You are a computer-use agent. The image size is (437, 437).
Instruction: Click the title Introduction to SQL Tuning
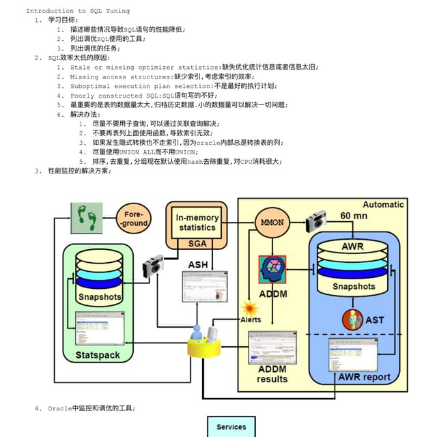[x=78, y=11]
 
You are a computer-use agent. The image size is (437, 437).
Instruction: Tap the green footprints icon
[x=87, y=218]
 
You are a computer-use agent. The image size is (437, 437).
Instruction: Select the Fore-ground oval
[x=134, y=219]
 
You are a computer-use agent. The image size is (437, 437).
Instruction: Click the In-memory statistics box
[x=197, y=222]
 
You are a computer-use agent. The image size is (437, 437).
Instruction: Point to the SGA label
[x=197, y=243]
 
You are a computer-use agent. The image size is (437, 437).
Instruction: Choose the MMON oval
[x=272, y=223]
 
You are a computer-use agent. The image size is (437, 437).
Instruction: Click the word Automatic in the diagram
[x=383, y=204]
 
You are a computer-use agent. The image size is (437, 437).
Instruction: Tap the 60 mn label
[x=354, y=216]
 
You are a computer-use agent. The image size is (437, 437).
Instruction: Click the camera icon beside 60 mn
[x=315, y=221]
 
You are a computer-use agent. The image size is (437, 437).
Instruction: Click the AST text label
[x=375, y=320]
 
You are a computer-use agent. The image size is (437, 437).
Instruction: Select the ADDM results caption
[x=272, y=374]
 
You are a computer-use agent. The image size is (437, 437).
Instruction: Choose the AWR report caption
[x=365, y=377]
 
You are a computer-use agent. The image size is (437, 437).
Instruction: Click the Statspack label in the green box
[x=97, y=355]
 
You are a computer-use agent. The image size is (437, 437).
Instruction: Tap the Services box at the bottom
[x=231, y=427]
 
